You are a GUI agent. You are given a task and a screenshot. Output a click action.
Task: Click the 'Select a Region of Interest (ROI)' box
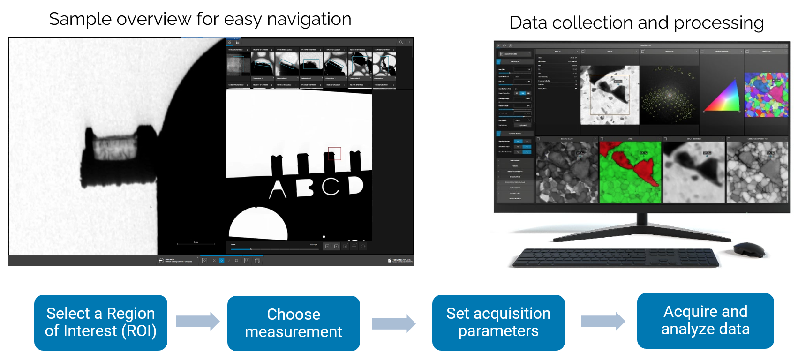point(100,322)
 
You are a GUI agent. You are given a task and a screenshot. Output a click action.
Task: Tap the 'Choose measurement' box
point(294,323)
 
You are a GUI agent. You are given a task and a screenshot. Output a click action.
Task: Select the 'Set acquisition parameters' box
point(498,322)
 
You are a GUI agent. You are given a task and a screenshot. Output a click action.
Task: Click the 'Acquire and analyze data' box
point(705,321)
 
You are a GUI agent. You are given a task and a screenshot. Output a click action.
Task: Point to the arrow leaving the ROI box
point(197,322)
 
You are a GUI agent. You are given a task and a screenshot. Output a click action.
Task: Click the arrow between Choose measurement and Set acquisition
point(393,323)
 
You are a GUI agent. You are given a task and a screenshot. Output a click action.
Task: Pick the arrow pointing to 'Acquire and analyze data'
point(602,322)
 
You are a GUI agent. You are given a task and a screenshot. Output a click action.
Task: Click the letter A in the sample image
point(278,189)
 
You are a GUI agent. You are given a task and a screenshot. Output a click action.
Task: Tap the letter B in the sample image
point(305,187)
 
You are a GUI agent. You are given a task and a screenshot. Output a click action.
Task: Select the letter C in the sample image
point(331,187)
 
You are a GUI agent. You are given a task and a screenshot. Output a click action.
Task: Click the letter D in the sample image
point(356,186)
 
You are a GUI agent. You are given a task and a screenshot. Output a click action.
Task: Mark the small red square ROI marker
point(334,153)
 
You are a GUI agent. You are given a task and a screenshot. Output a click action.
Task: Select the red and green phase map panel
point(630,172)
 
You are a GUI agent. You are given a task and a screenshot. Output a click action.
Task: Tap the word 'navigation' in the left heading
point(309,19)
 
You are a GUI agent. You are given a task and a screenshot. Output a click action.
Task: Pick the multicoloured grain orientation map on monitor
point(766,95)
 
